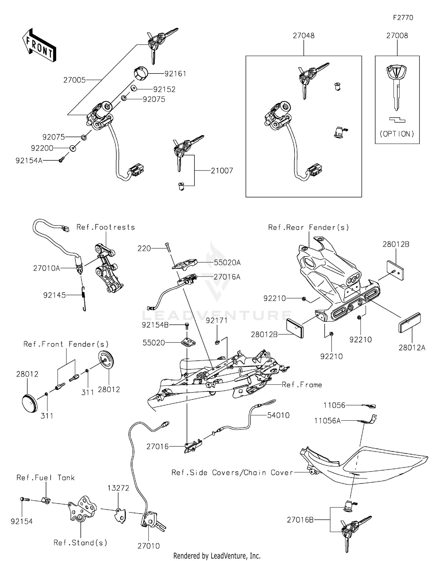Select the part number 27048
coord(304,36)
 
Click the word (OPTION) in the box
coord(397,134)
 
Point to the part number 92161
coord(175,74)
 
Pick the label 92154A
coord(29,161)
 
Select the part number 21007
coord(222,171)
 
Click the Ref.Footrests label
coord(106,227)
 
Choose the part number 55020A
coord(227,263)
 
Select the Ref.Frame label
coord(302,385)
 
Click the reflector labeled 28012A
coord(410,322)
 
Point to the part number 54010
coord(278,415)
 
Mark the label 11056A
coord(327,421)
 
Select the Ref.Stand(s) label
coord(80,543)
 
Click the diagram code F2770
coord(403,18)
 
